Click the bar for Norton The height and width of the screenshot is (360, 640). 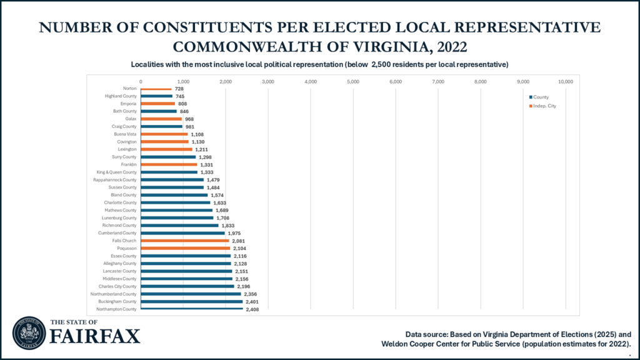pos(156,89)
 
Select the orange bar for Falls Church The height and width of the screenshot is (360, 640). pos(185,240)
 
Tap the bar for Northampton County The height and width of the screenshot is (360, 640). pos(192,309)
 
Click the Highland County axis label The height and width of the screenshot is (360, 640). pos(121,96)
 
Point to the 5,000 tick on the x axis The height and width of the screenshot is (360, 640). pos(353,81)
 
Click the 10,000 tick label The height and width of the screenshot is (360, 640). pos(565,81)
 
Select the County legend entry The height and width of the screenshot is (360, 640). pos(541,97)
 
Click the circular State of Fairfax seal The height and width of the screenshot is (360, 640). pos(29,332)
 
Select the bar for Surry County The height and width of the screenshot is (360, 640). pos(169,157)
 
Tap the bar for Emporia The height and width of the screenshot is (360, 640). pos(158,104)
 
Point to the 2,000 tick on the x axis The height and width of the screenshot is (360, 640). pos(226,81)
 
